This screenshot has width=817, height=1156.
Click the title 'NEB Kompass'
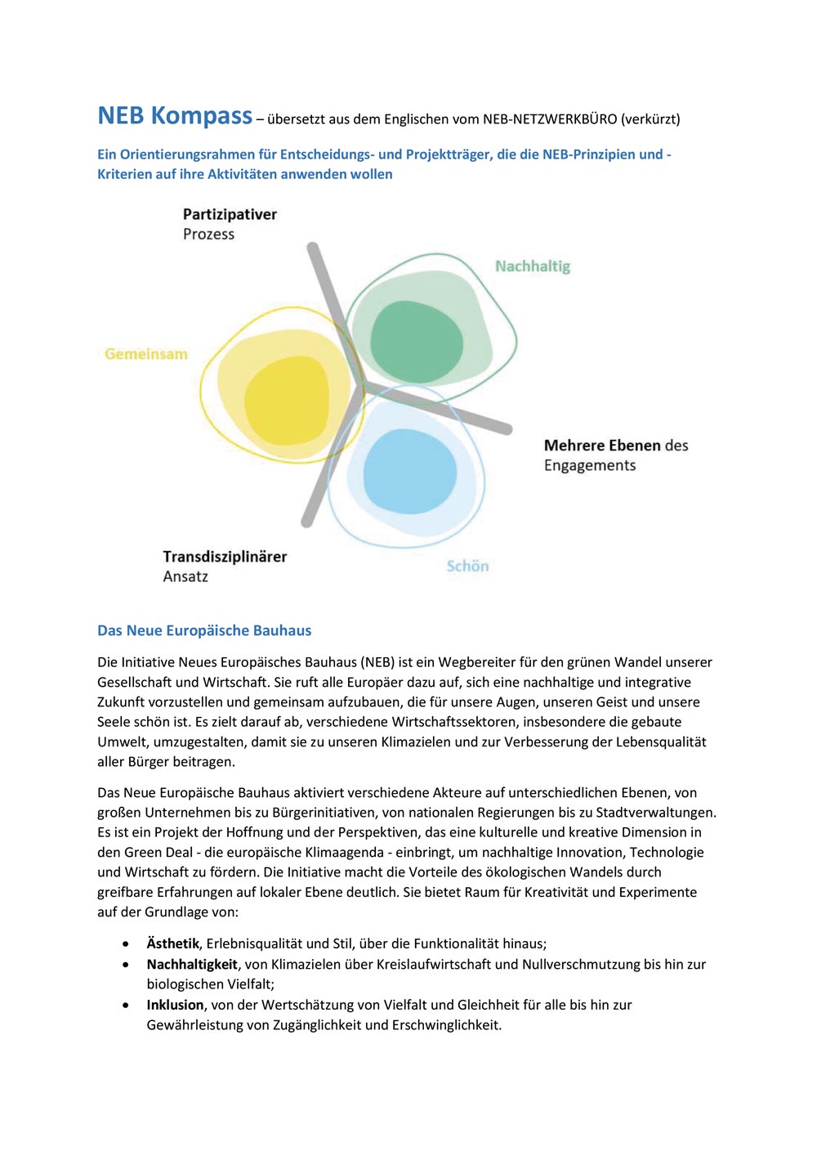(175, 116)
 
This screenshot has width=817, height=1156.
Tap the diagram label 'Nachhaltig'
(533, 266)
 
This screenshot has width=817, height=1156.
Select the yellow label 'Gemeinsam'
(146, 354)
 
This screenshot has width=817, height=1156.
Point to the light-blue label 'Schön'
(467, 566)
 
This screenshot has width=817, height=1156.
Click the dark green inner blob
(417, 342)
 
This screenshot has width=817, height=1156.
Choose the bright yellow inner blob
(286, 398)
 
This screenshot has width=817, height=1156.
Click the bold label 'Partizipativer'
(230, 214)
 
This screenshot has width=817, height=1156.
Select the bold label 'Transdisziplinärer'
(225, 557)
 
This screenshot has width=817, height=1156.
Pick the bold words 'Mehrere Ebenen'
(602, 446)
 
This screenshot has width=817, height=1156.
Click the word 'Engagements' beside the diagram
(590, 465)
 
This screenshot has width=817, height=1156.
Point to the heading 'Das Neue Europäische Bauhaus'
(204, 630)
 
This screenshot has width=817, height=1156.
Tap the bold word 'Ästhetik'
(172, 943)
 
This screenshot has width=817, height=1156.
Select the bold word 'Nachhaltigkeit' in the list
(192, 964)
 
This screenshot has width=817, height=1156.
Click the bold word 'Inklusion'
(175, 1005)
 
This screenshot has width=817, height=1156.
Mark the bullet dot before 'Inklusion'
(125, 1005)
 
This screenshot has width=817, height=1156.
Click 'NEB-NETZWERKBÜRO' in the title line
(550, 119)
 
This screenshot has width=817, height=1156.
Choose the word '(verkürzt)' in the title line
(650, 119)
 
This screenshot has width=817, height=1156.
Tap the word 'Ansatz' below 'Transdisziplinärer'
(185, 576)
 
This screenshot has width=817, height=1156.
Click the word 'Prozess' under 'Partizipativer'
(208, 234)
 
